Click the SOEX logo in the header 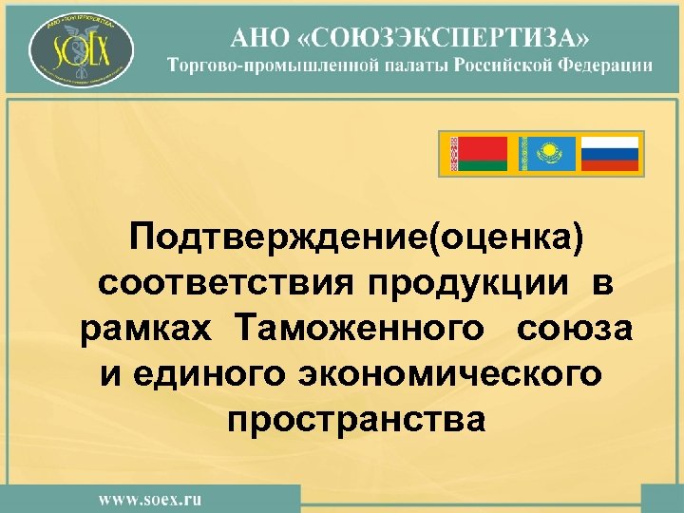click(x=82, y=47)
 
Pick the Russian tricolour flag click(x=610, y=153)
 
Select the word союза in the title click(x=576, y=329)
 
